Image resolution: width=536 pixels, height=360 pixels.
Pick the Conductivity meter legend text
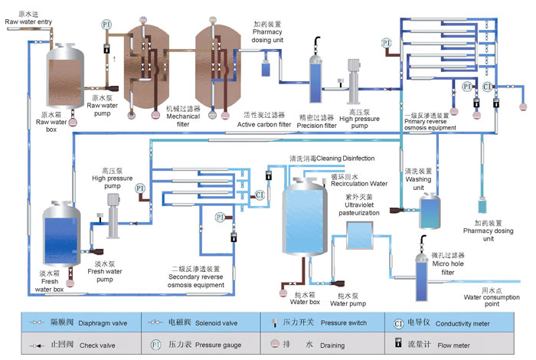(x=462, y=322)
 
